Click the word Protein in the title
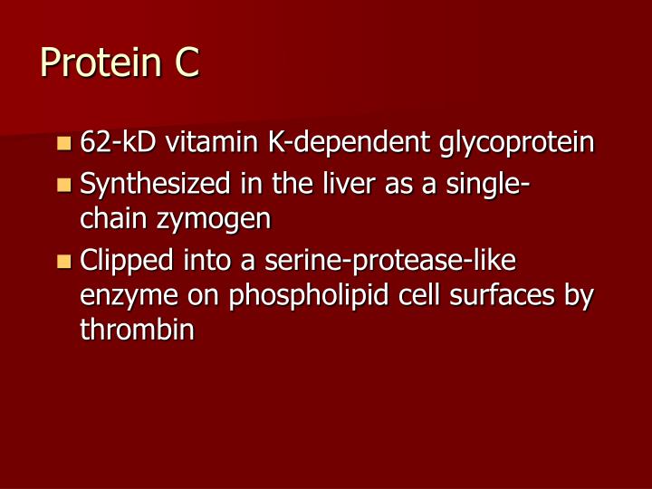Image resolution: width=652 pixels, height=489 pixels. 94,64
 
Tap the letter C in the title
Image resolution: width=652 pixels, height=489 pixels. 182,64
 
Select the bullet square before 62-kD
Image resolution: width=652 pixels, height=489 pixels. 63,143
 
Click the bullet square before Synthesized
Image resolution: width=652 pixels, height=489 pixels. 63,186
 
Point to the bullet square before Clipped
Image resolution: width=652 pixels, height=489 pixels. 63,263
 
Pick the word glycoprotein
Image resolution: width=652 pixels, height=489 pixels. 517,144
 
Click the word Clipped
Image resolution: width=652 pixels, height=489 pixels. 130,263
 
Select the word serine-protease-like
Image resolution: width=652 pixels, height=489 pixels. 390,262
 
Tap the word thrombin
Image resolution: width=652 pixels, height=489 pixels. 138,329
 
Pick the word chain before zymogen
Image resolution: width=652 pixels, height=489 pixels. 113,218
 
